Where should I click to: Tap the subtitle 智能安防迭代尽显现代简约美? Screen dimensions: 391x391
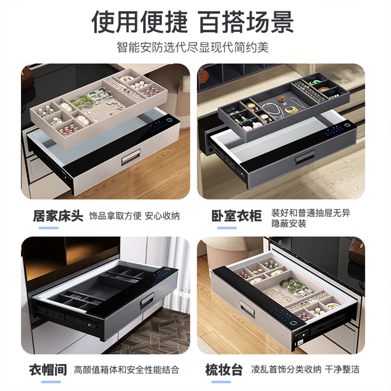coord(193,47)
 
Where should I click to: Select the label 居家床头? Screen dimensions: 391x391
coord(58,216)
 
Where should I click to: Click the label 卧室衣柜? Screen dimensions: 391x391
coord(237,216)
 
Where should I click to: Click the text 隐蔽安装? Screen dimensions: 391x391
coord(289,223)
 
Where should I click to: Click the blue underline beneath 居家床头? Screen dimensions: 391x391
coord(49,228)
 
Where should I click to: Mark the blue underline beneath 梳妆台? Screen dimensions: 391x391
coord(221,382)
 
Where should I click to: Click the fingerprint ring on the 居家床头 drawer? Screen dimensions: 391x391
coord(169,120)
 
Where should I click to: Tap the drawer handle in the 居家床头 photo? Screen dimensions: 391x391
coord(131,157)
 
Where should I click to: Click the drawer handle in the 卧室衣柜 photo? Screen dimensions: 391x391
coord(305,157)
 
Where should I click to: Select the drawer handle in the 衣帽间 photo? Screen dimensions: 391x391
coord(148,301)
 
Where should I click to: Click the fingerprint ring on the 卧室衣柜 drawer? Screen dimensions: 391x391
coord(347,125)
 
